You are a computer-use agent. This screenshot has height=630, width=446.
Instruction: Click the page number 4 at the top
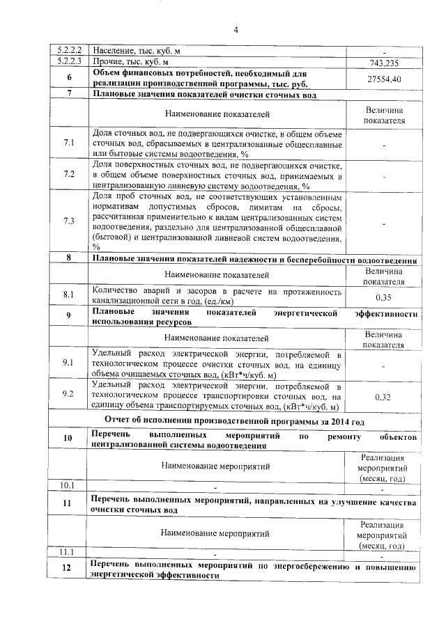coord(236,29)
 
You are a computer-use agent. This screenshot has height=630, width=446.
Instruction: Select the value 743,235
coord(384,62)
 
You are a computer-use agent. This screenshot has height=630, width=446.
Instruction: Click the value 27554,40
coord(384,79)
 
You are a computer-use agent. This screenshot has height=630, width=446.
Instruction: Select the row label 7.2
coord(69,175)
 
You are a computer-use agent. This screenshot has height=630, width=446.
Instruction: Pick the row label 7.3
coord(69,221)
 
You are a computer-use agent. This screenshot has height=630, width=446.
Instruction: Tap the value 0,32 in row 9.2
coord(384,397)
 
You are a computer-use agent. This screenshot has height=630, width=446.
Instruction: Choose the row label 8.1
coord(69,295)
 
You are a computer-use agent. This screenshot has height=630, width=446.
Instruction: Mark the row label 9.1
coord(69,363)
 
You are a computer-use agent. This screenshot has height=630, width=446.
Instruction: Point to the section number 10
coord(68,438)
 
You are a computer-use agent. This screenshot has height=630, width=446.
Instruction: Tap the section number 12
coord(68,569)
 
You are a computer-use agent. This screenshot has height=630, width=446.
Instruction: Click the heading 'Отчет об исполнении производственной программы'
coord(234,420)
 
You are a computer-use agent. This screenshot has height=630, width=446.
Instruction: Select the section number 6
coord(69,77)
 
